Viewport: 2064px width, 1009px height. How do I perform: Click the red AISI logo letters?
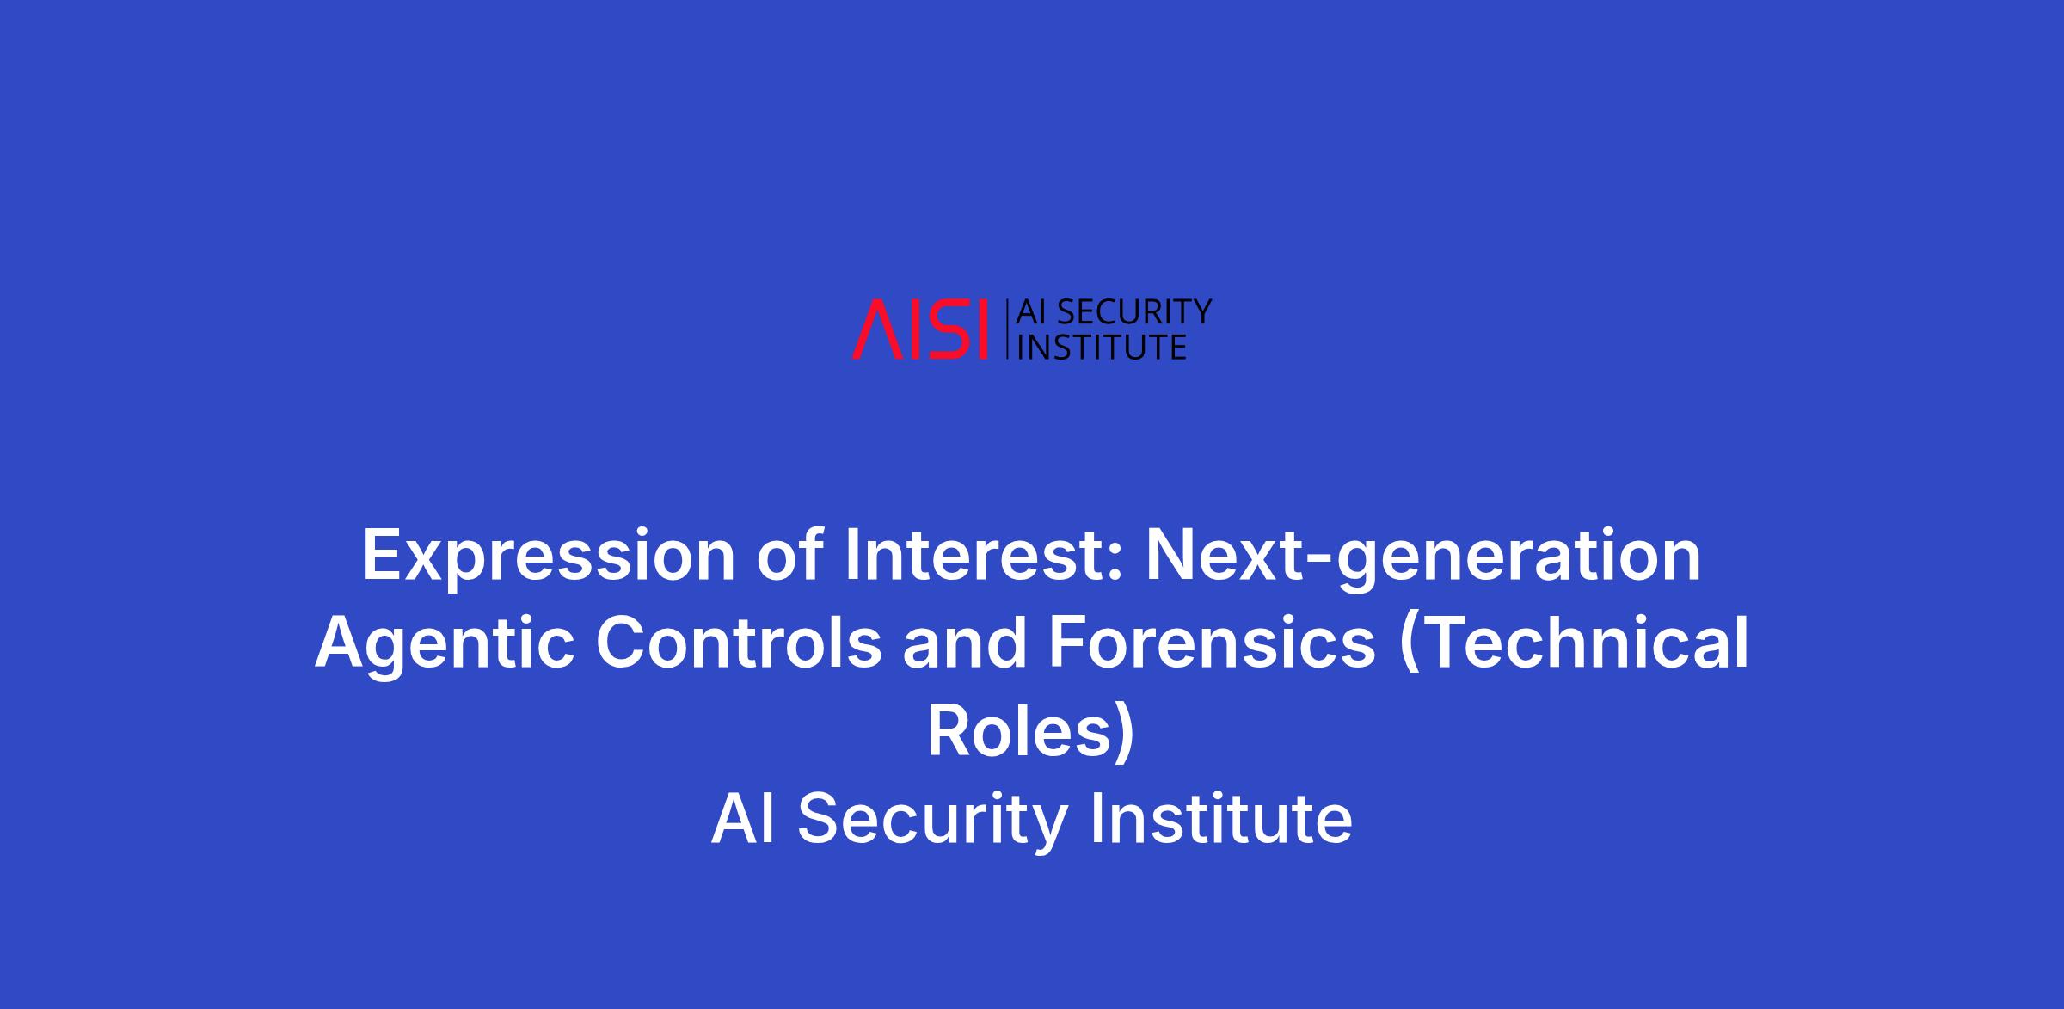point(920,329)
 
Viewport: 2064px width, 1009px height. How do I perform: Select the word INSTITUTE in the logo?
point(1102,346)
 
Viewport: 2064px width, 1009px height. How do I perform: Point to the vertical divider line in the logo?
point(1006,329)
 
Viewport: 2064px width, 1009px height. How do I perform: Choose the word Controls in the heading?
point(739,643)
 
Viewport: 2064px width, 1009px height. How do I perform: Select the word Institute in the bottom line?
point(1221,820)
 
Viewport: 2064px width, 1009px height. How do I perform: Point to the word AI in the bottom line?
point(743,820)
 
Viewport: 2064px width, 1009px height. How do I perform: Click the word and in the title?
point(965,643)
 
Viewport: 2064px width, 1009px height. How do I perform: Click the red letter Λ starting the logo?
point(874,329)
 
